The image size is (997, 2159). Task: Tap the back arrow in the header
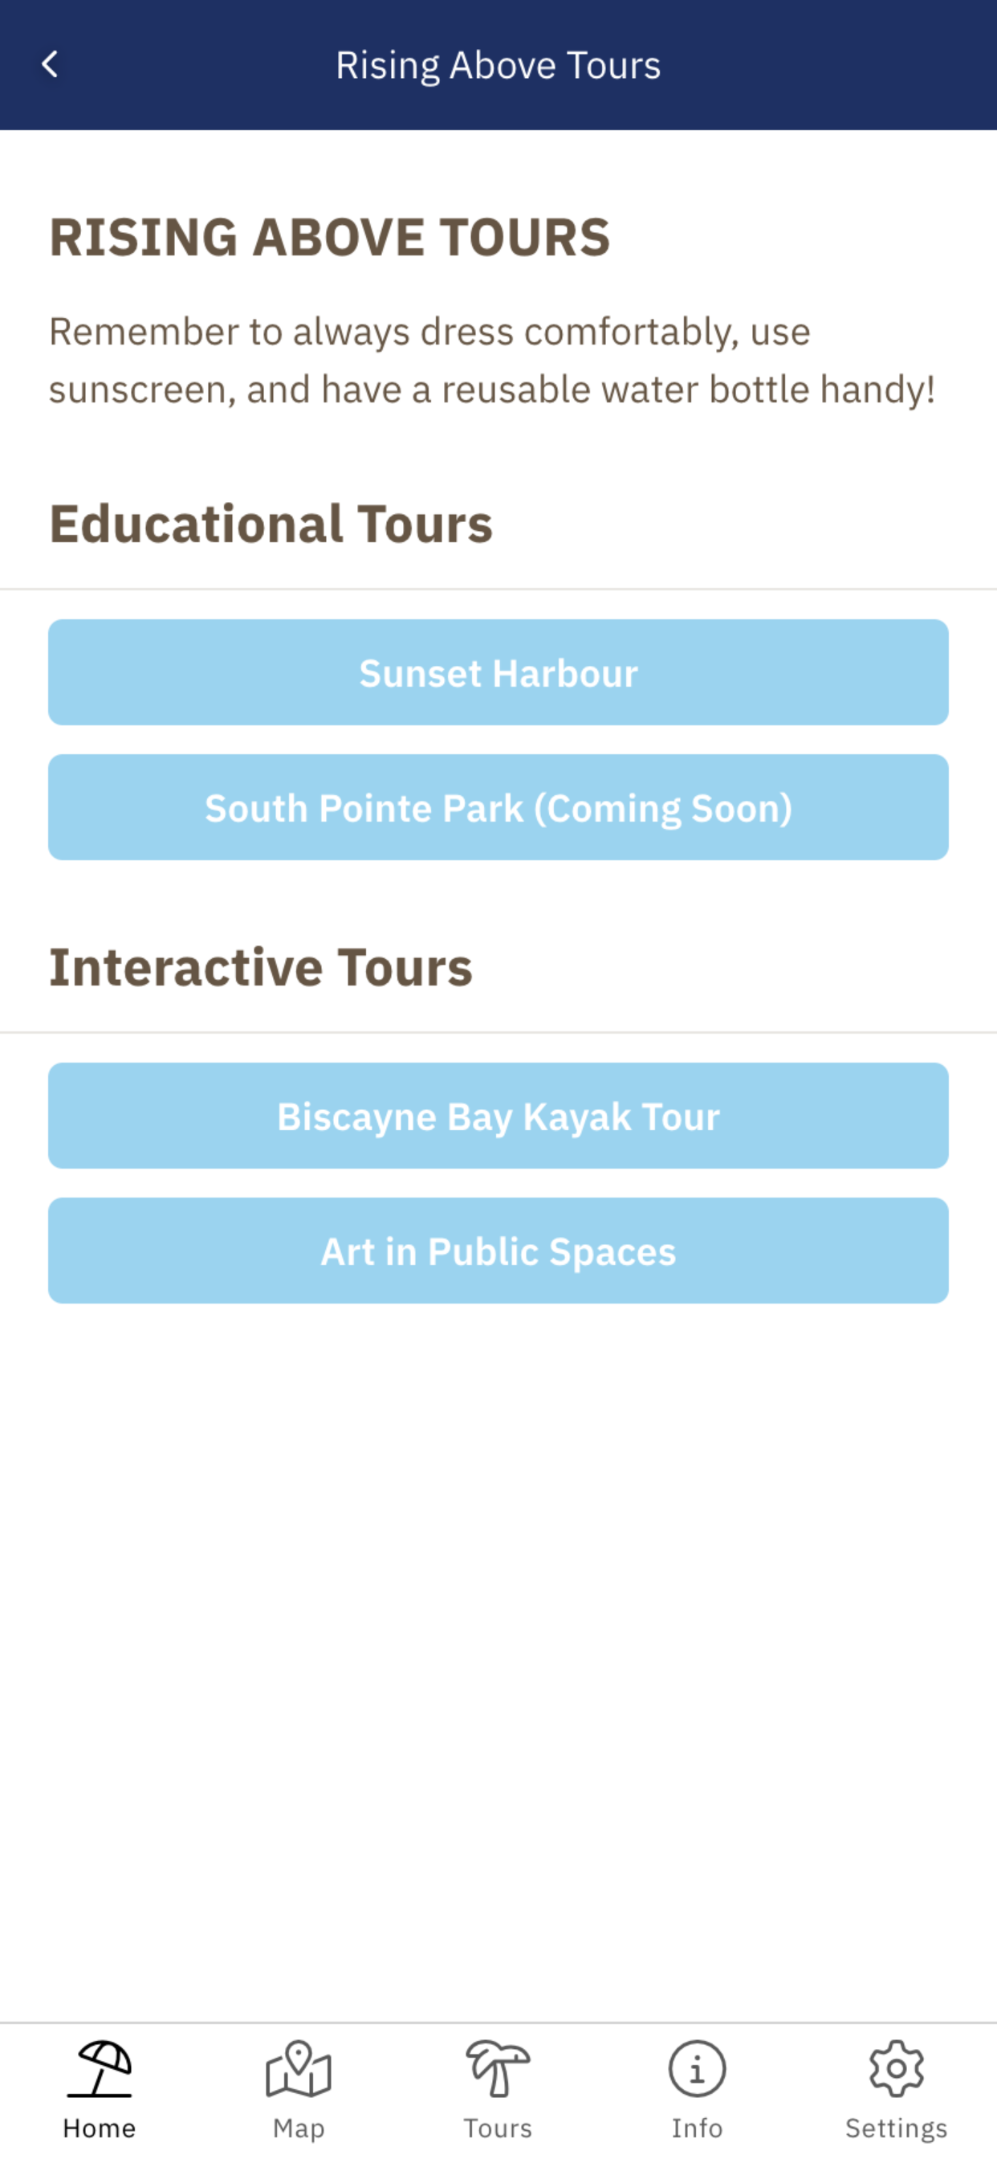pyautogui.click(x=50, y=64)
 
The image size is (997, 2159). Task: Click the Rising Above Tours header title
pyautogui.click(x=498, y=65)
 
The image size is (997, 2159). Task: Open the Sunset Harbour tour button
pyautogui.click(x=498, y=672)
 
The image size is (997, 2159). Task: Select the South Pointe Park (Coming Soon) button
pyautogui.click(x=498, y=807)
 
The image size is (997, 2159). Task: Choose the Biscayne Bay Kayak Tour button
pyautogui.click(x=498, y=1116)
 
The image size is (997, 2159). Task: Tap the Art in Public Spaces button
pyautogui.click(x=498, y=1251)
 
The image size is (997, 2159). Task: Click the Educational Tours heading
pyautogui.click(x=271, y=524)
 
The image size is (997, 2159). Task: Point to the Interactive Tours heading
pyautogui.click(x=261, y=967)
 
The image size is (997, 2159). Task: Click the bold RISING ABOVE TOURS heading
pyautogui.click(x=329, y=236)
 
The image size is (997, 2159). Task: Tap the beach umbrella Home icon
pyautogui.click(x=100, y=2068)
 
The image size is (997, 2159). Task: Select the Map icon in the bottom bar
pyautogui.click(x=299, y=2068)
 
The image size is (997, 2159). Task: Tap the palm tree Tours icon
pyautogui.click(x=498, y=2068)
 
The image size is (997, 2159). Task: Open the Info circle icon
pyautogui.click(x=697, y=2068)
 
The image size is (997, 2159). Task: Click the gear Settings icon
pyautogui.click(x=897, y=2068)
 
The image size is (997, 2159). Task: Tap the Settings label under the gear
pyautogui.click(x=897, y=2128)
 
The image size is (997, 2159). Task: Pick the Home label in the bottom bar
pyautogui.click(x=100, y=2128)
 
